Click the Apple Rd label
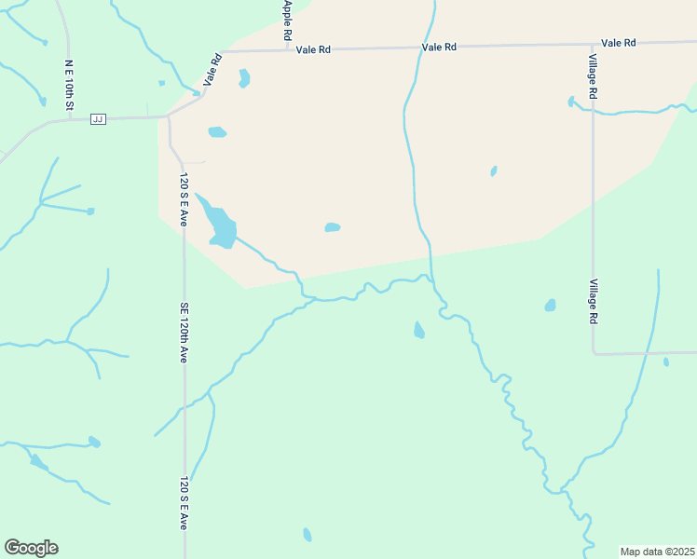click(288, 20)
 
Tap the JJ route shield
click(98, 118)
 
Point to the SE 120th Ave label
click(184, 333)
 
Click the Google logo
click(31, 547)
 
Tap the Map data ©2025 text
click(657, 552)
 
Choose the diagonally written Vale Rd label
click(213, 71)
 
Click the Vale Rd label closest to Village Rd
click(618, 43)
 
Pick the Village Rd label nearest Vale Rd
click(593, 75)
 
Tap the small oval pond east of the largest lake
click(332, 227)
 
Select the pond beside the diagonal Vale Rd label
click(244, 78)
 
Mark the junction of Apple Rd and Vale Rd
click(287, 49)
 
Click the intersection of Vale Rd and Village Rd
click(593, 44)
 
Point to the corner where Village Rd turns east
click(594, 354)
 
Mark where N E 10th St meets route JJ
click(70, 118)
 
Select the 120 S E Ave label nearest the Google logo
click(184, 503)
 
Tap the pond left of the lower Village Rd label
click(550, 305)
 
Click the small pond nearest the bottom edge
click(307, 535)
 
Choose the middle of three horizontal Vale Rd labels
click(439, 47)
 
